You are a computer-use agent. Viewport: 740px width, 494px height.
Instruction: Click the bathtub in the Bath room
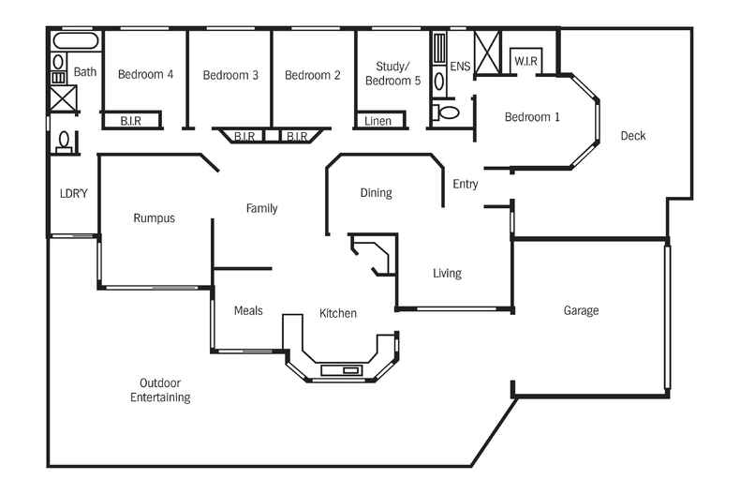tap(75, 40)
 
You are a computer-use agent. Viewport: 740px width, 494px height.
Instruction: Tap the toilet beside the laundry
tap(65, 142)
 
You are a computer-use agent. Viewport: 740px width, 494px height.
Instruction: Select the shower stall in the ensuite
tap(487, 52)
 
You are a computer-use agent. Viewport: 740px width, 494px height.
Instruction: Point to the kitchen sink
tap(340, 370)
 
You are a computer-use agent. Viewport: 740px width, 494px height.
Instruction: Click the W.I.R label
tap(525, 62)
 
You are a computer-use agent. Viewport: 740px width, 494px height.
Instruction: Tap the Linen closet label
tap(377, 121)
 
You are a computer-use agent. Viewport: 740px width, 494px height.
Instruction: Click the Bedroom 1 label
tap(532, 117)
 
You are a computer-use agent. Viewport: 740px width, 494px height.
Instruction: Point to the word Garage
tap(581, 310)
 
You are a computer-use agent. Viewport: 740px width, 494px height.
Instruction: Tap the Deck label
tap(633, 136)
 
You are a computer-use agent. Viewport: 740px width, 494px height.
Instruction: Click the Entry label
tap(466, 184)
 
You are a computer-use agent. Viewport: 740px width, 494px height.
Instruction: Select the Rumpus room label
tap(154, 218)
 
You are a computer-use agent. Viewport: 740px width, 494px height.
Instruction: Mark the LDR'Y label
tap(73, 194)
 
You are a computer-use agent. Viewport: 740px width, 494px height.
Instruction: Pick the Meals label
tap(248, 310)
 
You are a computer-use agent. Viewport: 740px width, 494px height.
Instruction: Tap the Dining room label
tap(376, 193)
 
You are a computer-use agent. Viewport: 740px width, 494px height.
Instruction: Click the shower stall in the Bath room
tap(63, 97)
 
